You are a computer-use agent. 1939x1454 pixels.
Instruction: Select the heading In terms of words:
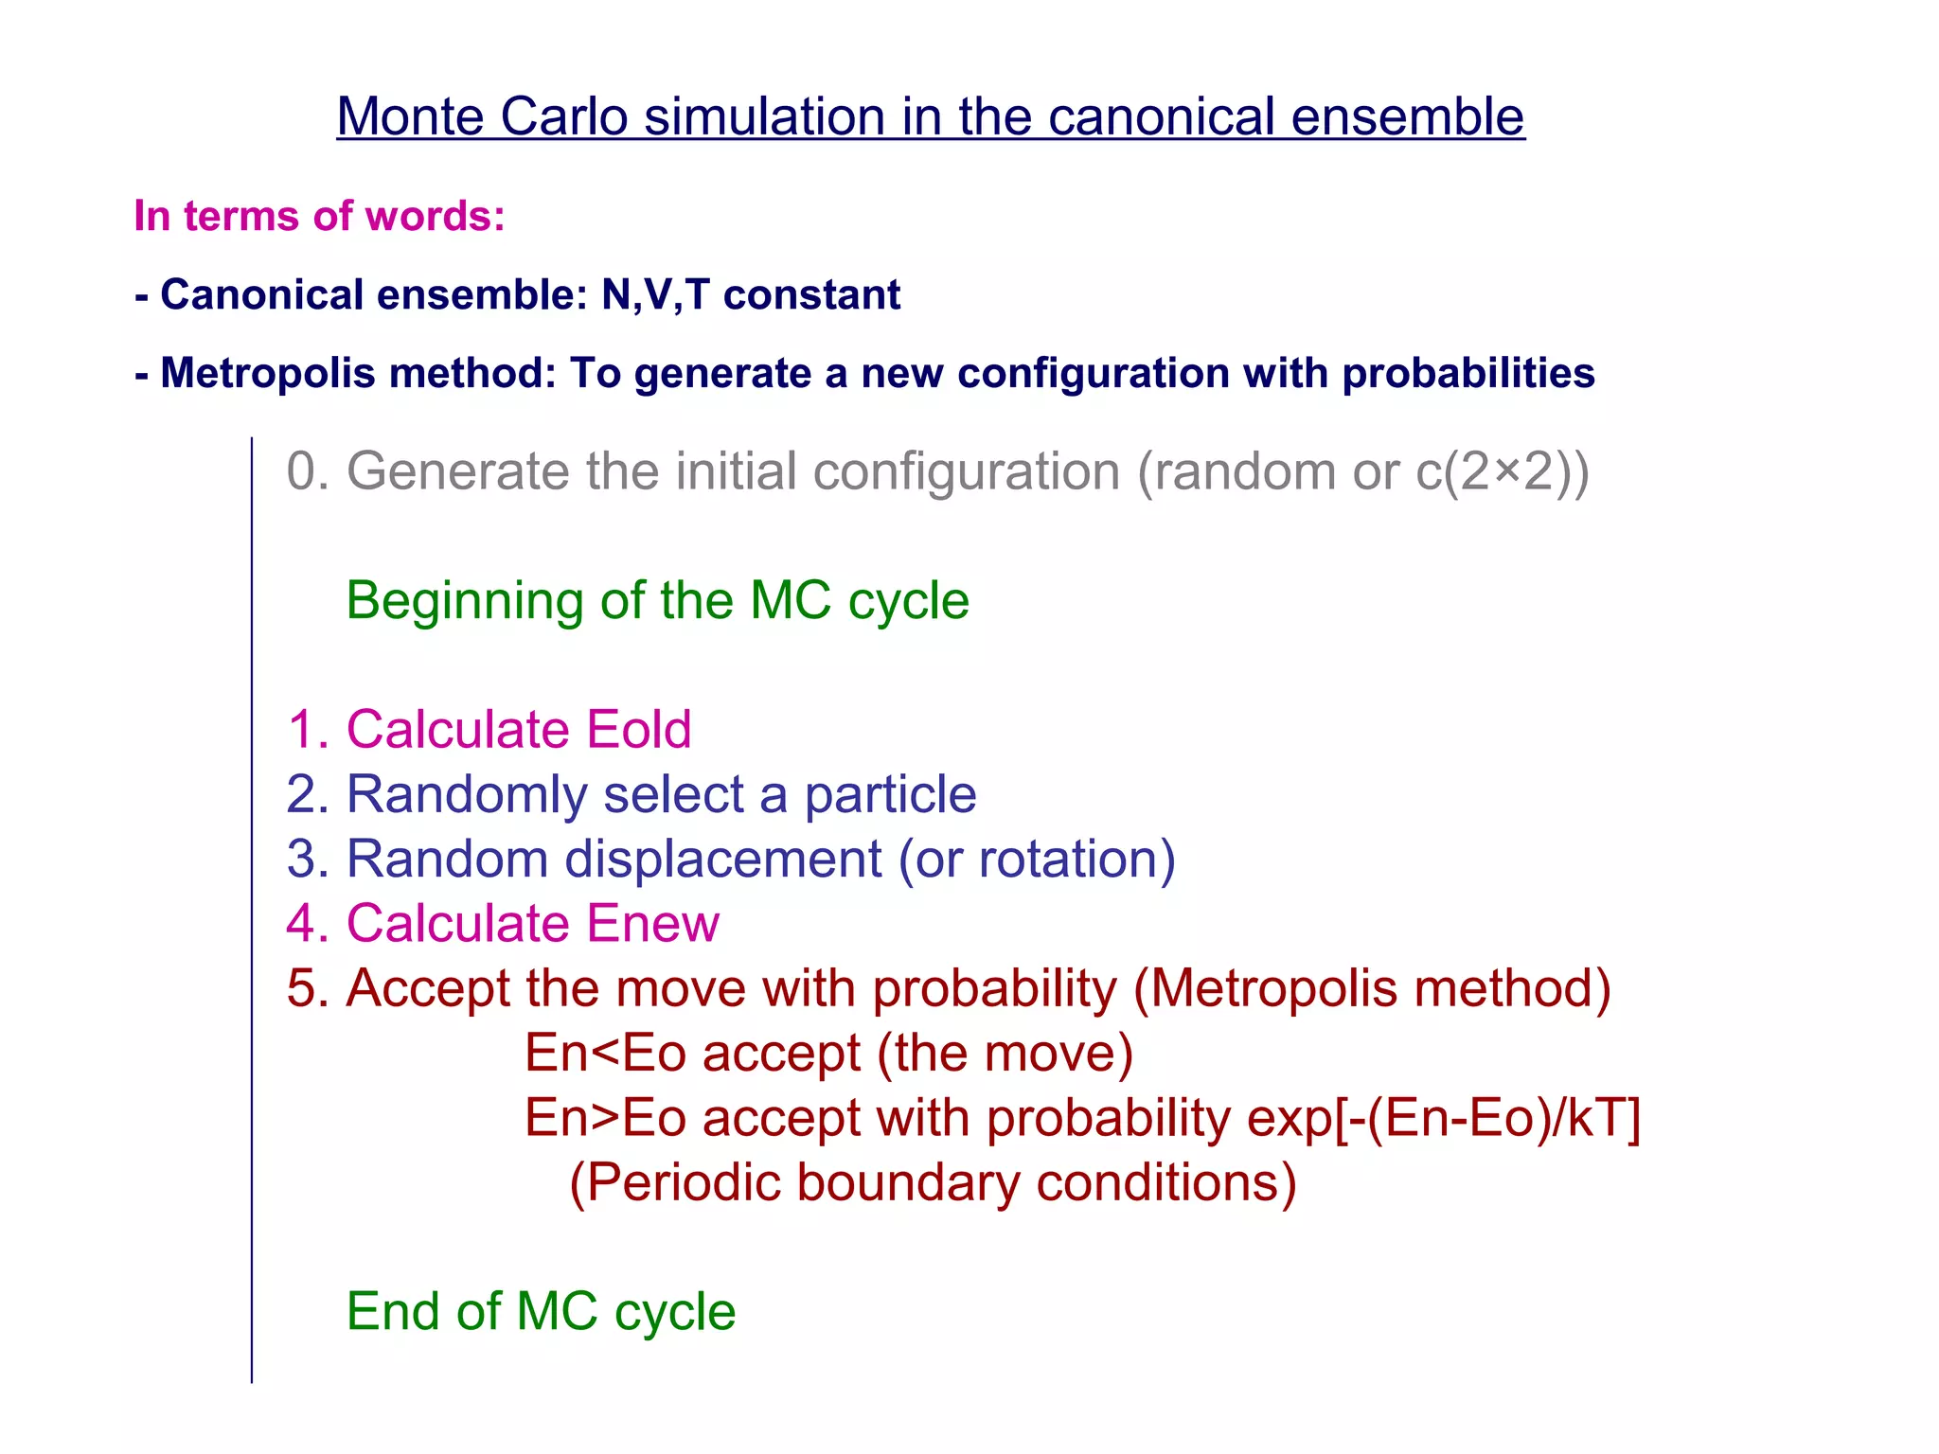coord(319,216)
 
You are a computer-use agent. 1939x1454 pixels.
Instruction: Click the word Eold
coord(639,730)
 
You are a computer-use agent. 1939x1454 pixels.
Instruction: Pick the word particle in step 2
coord(890,794)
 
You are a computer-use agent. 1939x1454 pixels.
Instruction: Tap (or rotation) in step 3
coord(1037,859)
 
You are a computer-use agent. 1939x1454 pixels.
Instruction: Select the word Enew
coord(653,923)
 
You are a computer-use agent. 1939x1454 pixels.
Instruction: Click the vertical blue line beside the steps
coord(252,909)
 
